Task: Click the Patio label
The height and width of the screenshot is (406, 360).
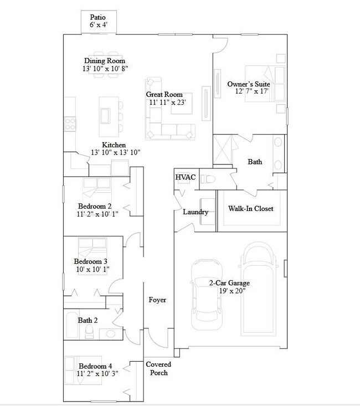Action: point(99,17)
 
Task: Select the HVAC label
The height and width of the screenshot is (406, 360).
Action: point(186,177)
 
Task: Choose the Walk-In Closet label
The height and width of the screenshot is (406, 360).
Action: point(251,209)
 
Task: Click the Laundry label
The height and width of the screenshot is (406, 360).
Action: point(196,212)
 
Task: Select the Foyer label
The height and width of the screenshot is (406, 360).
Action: point(157,300)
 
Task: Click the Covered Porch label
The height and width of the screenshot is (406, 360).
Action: point(158,368)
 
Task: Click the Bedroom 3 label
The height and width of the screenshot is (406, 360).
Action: point(90,261)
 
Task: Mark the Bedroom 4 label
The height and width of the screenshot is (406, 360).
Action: point(95,366)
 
